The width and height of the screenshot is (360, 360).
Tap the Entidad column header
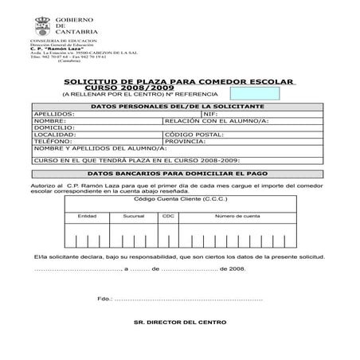[87, 216]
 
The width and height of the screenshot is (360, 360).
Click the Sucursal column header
[134, 216]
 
